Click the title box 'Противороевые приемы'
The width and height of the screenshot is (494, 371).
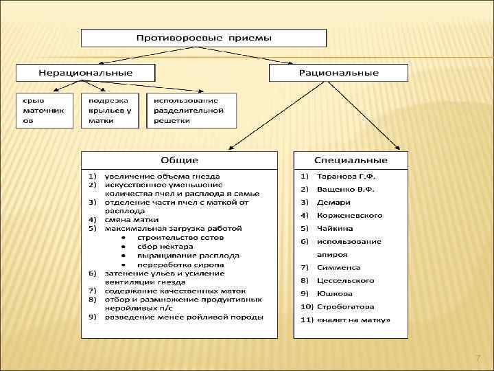204,38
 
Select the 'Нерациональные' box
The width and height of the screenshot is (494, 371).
86,72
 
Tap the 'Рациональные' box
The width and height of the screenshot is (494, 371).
338,73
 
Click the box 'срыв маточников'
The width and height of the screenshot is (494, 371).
44,111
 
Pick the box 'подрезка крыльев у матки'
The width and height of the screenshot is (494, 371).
110,111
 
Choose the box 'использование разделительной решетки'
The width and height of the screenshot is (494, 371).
191,111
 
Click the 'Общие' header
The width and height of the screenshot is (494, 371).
180,160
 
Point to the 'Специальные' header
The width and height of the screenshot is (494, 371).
351,160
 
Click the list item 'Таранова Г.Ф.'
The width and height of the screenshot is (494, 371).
346,177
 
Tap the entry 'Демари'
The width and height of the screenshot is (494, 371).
334,203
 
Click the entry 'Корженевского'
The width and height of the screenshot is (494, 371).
350,215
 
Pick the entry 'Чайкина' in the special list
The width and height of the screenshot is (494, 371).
335,228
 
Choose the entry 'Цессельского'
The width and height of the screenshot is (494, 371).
346,280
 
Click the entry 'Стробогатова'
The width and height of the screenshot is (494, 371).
346,306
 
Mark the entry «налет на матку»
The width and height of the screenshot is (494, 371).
353,319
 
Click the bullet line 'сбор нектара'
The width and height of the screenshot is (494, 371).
165,246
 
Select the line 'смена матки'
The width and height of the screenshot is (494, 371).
128,220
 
